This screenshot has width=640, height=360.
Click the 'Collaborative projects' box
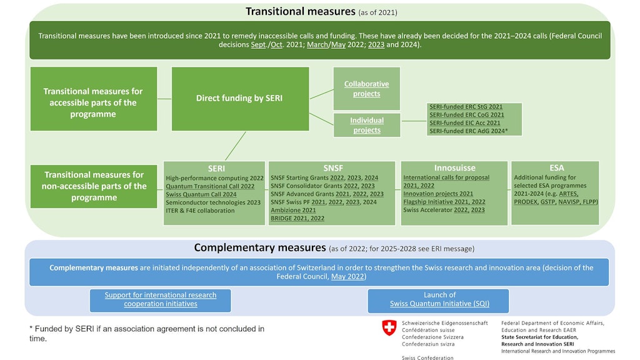tap(366, 89)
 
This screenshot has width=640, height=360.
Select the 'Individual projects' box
tap(367, 125)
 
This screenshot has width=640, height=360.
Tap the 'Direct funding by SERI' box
tap(240, 99)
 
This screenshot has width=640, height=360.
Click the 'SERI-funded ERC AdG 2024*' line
tap(469, 131)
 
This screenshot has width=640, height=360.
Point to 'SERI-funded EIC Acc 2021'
tap(465, 123)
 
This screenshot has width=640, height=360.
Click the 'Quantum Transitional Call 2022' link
tap(210, 186)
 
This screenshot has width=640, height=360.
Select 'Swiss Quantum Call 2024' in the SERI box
tap(201, 194)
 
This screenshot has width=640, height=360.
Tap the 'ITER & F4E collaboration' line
tap(200, 211)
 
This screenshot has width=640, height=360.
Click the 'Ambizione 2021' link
tap(293, 210)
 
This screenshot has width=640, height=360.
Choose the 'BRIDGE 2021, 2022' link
tap(297, 218)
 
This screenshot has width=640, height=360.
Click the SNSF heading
tap(333, 168)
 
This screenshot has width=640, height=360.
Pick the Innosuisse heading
tap(455, 167)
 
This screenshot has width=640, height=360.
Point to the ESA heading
tap(557, 167)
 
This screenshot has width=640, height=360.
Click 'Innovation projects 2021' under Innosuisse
tap(438, 194)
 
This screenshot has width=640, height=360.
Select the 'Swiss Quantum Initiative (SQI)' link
tap(439, 304)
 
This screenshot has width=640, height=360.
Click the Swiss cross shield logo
tap(389, 327)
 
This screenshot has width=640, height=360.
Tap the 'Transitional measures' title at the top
tap(301, 11)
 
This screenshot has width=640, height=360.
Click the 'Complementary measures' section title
tap(260, 247)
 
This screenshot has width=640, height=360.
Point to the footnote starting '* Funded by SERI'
tap(147, 334)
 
